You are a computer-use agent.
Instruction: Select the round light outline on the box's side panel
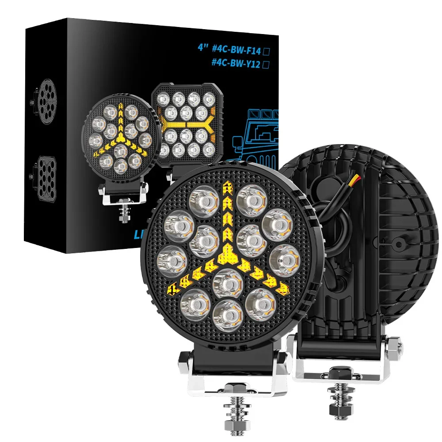[x=47, y=101]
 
